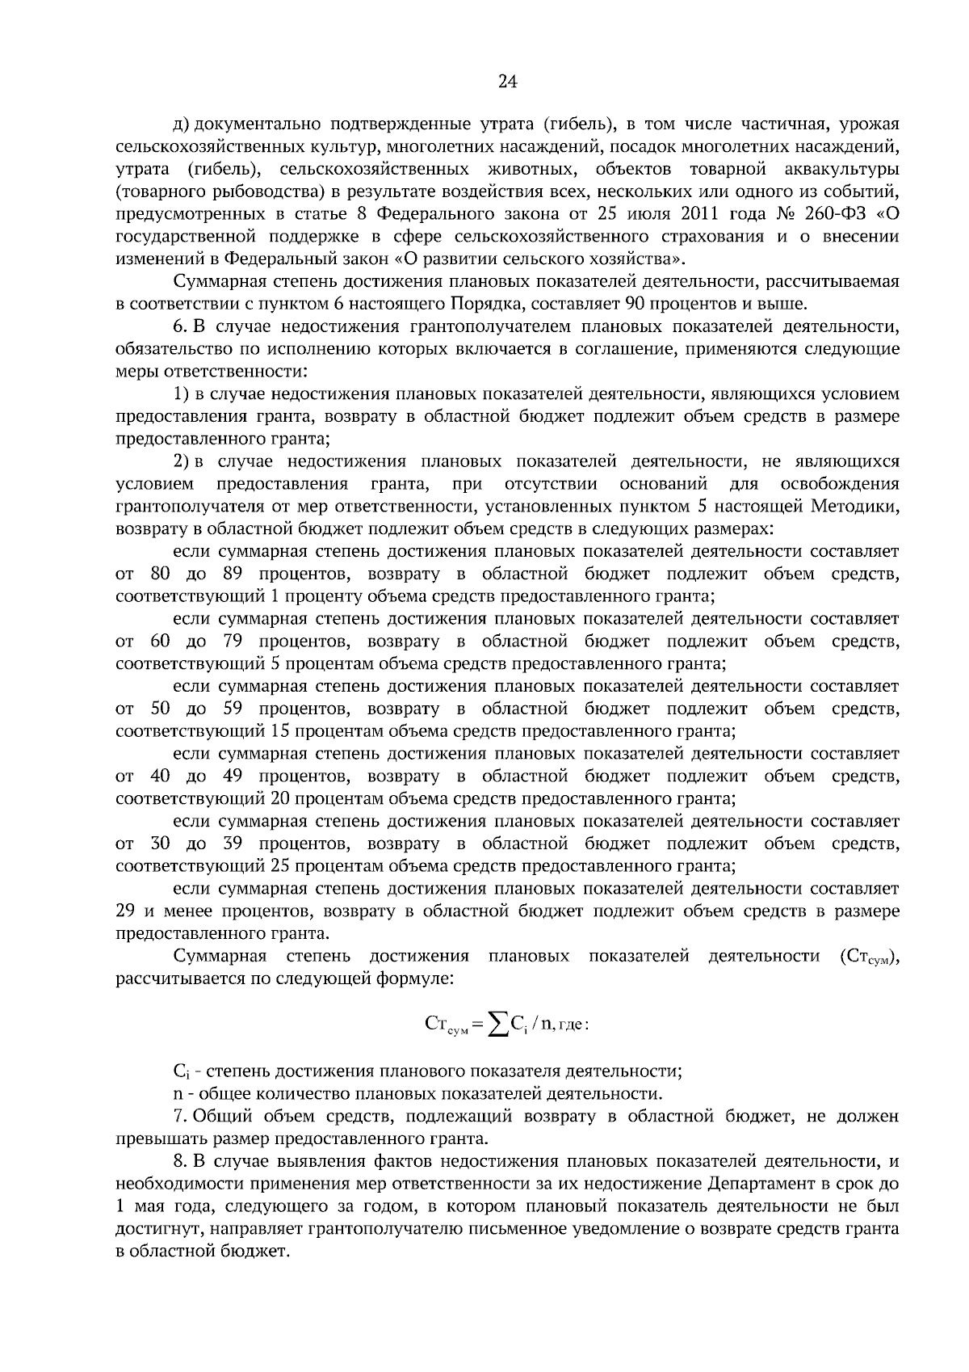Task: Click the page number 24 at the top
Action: (507, 81)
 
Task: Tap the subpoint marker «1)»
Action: (182, 394)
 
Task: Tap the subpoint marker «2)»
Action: (182, 461)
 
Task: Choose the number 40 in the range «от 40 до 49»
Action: (159, 776)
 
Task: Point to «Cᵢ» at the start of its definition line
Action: (180, 1072)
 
